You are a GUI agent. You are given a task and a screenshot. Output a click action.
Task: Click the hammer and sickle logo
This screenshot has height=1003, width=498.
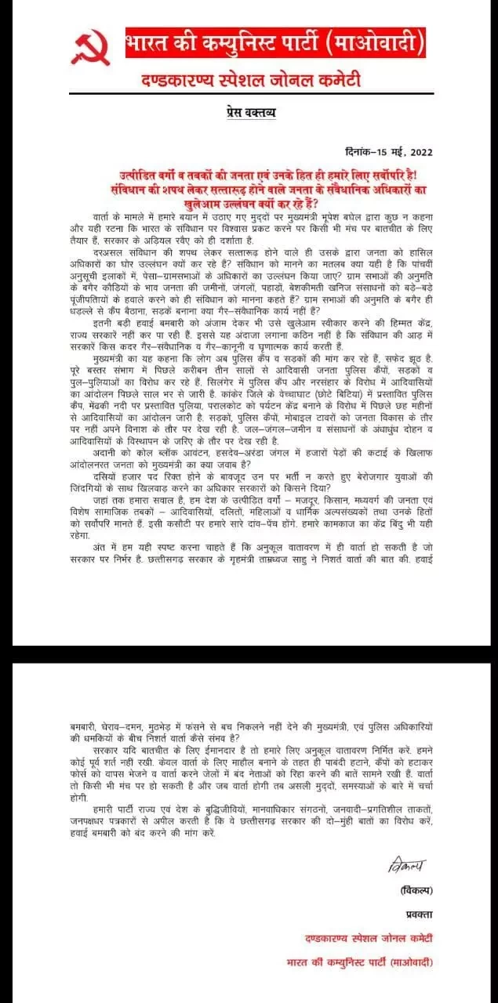pyautogui.click(x=91, y=49)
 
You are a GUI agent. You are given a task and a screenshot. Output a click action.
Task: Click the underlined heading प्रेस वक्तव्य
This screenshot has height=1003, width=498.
pyautogui.click(x=245, y=114)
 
